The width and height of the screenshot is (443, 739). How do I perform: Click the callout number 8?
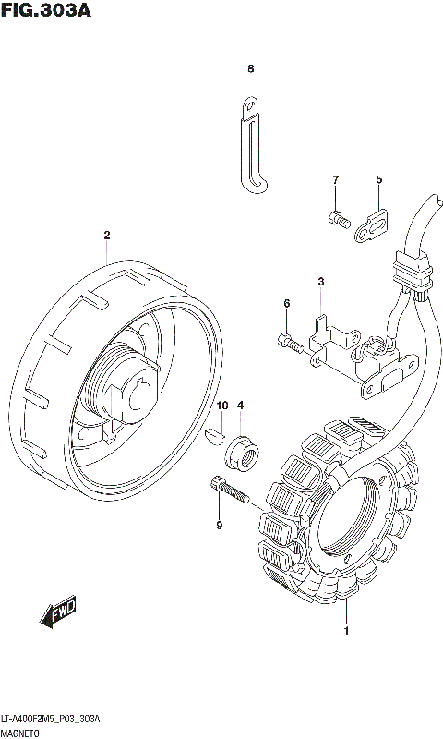point(250,68)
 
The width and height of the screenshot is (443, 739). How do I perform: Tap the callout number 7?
point(335,179)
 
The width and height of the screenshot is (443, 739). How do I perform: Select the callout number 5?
point(379,179)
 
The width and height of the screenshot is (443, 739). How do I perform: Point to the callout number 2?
point(107,235)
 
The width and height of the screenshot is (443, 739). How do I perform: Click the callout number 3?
point(321,282)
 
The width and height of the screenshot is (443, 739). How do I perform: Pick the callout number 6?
point(287,304)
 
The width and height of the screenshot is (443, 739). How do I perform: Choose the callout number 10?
point(222,406)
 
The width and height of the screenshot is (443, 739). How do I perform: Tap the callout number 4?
point(240,406)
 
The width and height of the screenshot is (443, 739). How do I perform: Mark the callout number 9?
point(220,525)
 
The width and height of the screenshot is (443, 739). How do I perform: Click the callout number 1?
point(346,631)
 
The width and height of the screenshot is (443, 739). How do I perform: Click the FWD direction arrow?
point(58,613)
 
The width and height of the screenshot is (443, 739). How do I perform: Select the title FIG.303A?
point(45,10)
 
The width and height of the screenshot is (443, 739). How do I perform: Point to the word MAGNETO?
point(20,733)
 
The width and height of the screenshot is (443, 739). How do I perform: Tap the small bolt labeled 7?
point(339,219)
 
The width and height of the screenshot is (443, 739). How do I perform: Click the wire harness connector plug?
point(413,270)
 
